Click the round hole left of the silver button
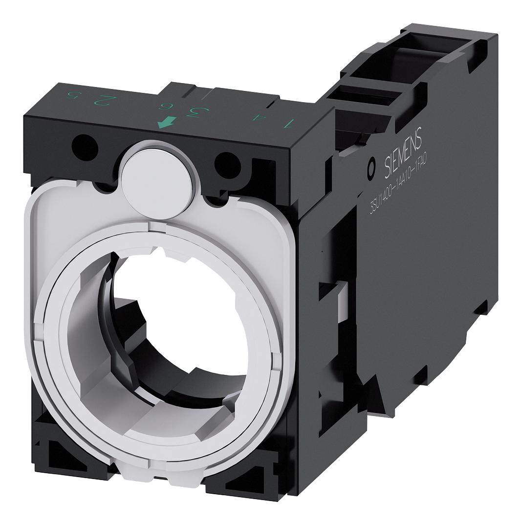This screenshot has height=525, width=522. (85, 146)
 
